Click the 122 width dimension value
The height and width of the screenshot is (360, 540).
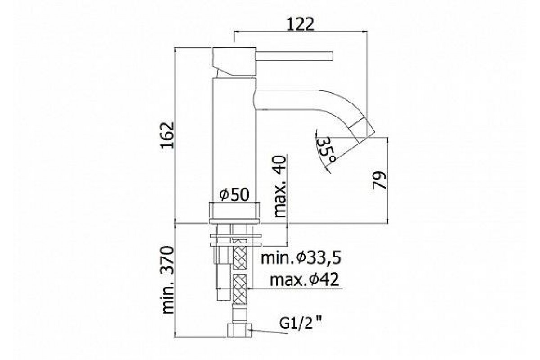(x=301, y=25)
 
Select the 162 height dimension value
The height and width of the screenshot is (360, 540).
(x=167, y=135)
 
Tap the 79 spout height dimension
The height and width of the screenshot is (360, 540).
(x=379, y=180)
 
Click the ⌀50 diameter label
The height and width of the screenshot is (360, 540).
(x=234, y=194)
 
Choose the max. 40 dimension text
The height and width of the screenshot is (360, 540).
(x=279, y=187)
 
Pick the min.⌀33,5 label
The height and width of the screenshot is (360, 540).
(x=301, y=258)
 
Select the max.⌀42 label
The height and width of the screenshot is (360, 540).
(x=305, y=280)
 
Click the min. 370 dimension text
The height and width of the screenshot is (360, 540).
(x=168, y=280)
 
